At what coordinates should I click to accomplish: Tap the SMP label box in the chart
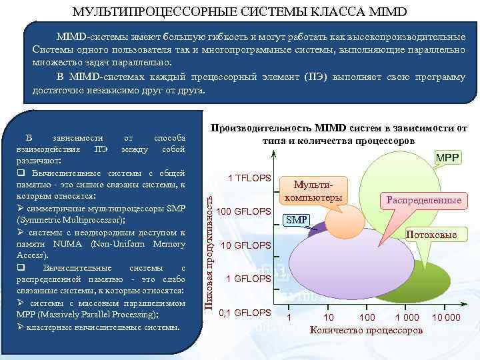[297, 219]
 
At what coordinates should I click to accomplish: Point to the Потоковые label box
[431, 235]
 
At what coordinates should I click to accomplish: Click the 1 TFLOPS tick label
[249, 178]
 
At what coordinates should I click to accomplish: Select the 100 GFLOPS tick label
[245, 211]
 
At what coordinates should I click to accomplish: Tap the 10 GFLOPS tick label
[246, 245]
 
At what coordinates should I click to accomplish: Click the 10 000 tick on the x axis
[445, 317]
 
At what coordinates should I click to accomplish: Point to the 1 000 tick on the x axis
[407, 317]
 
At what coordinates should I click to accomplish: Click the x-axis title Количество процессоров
[366, 329]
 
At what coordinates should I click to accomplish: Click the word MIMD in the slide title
[387, 12]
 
